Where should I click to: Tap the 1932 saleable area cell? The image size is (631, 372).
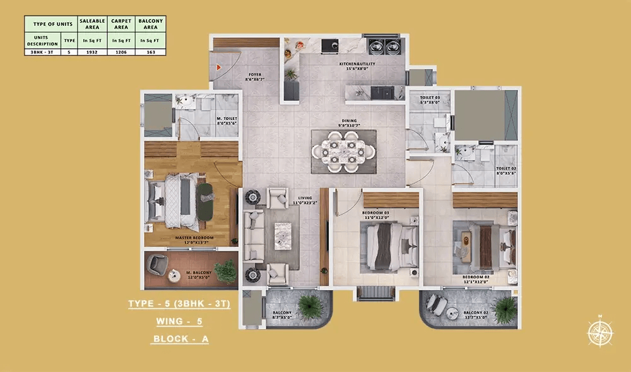tap(92, 52)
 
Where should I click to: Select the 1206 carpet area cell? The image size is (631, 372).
tap(121, 52)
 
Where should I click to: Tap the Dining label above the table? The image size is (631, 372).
tap(350, 123)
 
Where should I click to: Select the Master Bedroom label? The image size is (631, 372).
tap(194, 239)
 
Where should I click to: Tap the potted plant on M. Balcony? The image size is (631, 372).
tap(225, 270)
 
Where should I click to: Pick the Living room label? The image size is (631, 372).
tap(306, 200)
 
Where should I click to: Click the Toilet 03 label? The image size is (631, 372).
tap(429, 99)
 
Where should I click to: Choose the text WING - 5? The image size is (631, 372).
tap(179, 321)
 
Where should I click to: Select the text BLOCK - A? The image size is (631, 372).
tap(180, 339)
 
